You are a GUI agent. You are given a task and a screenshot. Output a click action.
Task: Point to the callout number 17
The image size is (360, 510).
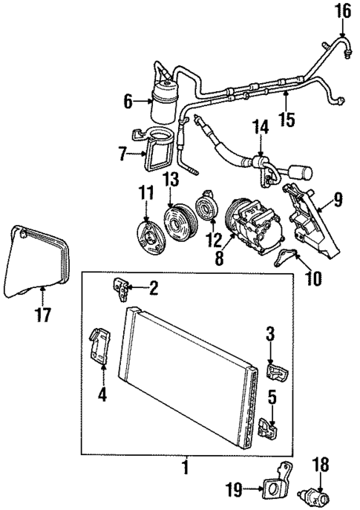coord(43,314)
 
